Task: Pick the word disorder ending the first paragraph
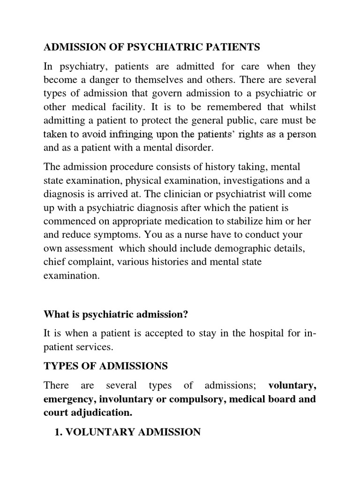click(193, 148)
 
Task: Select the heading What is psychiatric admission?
click(116, 315)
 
